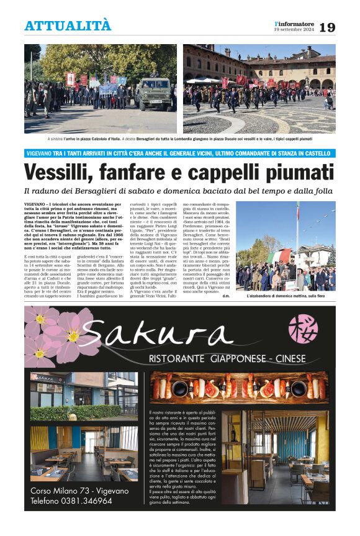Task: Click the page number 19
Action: point(327,27)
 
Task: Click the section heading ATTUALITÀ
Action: point(68,26)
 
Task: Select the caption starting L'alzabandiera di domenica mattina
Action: point(286,297)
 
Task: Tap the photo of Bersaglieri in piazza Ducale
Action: point(259,88)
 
